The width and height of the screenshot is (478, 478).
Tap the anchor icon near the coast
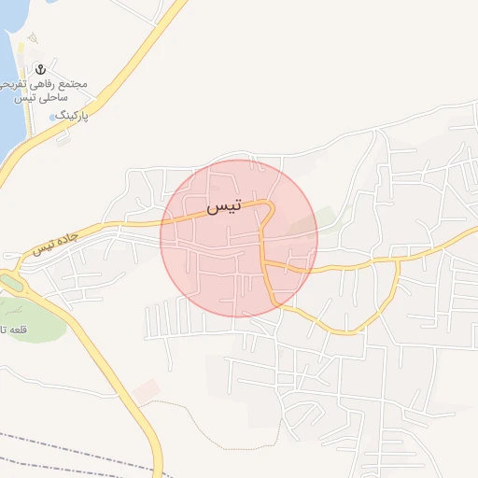(40, 69)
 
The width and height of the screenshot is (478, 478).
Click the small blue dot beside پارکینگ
(51, 117)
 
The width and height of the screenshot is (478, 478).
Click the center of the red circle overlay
(239, 238)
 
